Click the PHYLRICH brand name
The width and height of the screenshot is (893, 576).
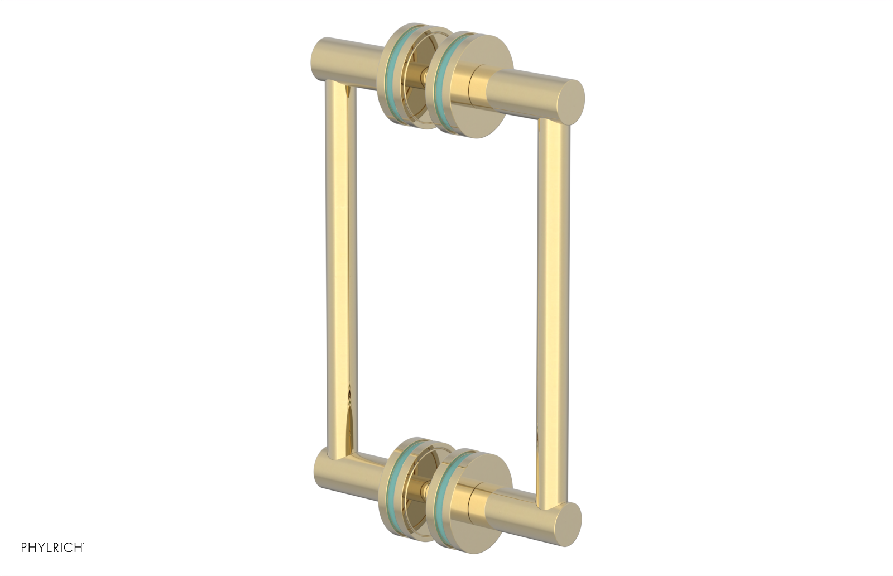click(x=52, y=548)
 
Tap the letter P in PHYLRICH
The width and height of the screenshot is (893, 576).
click(x=24, y=548)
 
